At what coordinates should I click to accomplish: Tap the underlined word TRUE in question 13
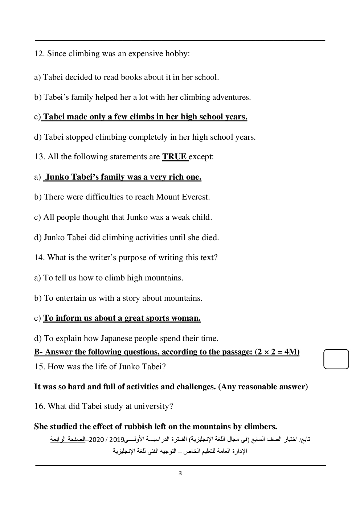point(175,157)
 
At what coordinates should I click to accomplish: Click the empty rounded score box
point(336,359)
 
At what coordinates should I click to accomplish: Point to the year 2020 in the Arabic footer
point(96,440)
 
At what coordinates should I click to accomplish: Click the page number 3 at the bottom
point(180,473)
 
